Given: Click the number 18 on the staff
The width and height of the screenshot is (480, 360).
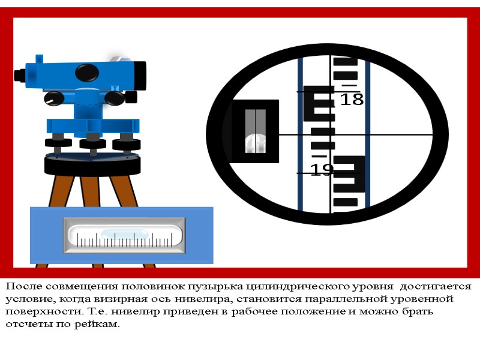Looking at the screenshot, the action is [352, 99].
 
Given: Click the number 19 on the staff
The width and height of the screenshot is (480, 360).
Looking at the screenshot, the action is [322, 169].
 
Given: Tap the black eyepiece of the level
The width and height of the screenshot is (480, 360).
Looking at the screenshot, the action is [20, 76].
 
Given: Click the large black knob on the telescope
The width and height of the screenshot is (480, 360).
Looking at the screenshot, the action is [87, 73].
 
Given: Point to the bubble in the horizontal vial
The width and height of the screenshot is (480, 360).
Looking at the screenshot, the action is [125, 233].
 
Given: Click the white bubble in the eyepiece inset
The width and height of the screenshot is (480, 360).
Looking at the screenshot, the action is [256, 143].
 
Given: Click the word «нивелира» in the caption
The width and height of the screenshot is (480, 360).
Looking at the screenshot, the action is [203, 299].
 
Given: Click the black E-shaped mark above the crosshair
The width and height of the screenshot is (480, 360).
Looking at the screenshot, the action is [319, 103].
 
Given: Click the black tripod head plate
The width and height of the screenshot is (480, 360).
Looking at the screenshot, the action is [92, 166].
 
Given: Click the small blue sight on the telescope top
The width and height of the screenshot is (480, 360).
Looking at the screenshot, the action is [39, 59].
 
